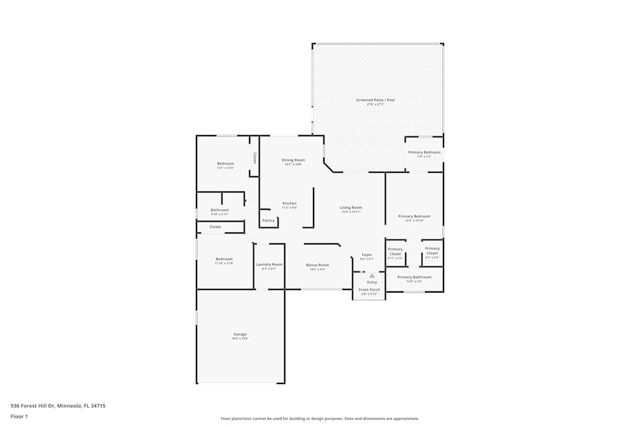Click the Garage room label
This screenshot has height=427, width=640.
point(240,334)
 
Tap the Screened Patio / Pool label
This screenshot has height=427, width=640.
point(376,101)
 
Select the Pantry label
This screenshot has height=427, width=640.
point(268,220)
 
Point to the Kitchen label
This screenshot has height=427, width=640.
point(289,204)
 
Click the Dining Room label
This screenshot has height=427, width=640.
point(293,160)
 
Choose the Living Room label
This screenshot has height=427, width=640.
point(351,207)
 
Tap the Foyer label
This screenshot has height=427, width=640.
point(367,255)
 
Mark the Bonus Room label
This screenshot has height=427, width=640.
point(317,265)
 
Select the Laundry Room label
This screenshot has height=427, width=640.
point(269,264)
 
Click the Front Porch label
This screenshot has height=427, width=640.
point(369,290)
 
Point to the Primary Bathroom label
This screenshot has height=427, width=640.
point(414,277)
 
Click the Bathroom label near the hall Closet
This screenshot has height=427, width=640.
point(220,210)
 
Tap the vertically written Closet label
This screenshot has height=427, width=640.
point(254,157)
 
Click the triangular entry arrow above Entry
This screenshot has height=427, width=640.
point(371,275)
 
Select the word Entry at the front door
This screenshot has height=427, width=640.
point(372,282)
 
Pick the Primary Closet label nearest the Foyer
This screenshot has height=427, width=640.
point(396,251)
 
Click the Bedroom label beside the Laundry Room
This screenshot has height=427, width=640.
point(224,259)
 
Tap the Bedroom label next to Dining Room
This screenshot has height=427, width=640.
point(225,163)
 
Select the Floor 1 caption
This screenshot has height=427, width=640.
point(19,416)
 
